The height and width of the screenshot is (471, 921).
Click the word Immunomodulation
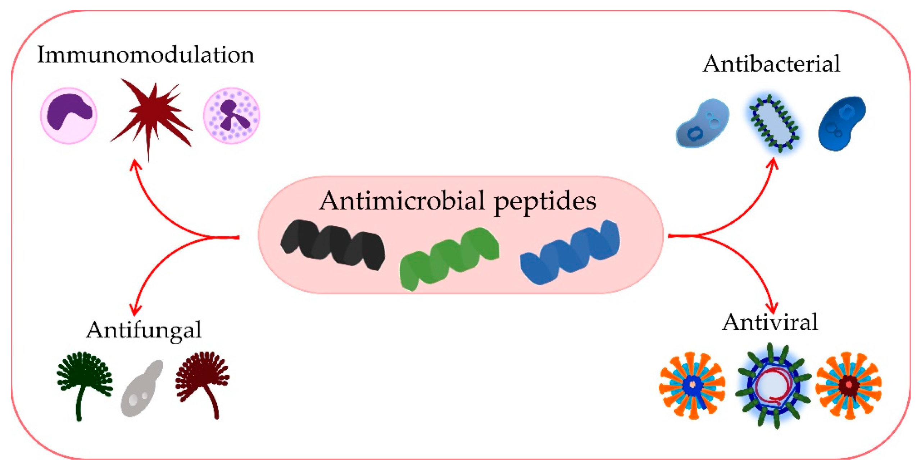145,55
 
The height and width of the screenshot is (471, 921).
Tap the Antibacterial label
771,64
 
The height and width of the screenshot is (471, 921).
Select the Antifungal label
144,330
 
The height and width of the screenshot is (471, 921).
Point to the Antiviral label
770,322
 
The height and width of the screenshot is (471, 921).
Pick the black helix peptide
332,244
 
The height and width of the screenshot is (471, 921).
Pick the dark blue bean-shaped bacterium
842,123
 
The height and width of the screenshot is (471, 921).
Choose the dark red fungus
203,381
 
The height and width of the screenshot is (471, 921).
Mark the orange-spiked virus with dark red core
848,385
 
